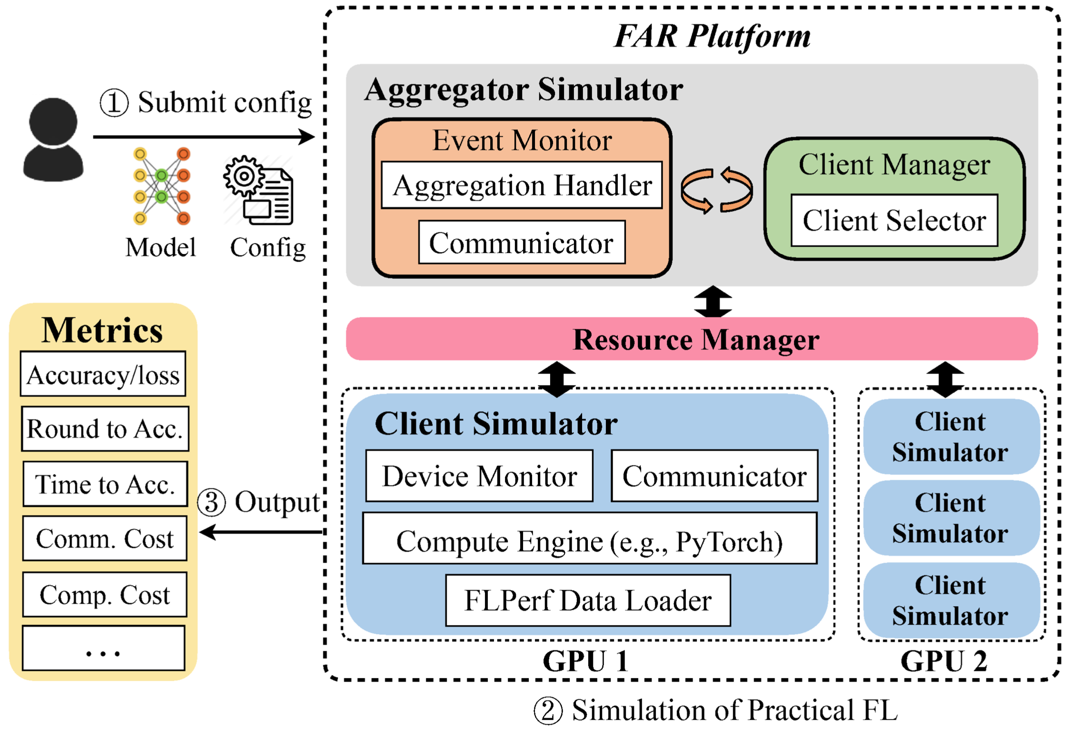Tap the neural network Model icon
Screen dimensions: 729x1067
[161, 186]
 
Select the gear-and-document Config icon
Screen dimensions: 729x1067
[259, 191]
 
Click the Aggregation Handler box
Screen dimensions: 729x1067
[522, 185]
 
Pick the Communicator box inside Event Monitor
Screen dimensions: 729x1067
[522, 243]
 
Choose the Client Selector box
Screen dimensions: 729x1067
[894, 221]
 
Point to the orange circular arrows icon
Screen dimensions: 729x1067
[716, 190]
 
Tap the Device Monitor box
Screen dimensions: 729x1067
[479, 476]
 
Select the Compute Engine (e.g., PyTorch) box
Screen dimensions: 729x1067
[590, 539]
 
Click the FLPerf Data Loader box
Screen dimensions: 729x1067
[588, 600]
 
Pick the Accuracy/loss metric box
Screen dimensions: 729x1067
[103, 375]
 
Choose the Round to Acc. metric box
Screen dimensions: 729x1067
[105, 429]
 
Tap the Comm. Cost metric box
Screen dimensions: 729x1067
[105, 539]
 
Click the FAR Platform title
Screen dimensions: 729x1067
[712, 36]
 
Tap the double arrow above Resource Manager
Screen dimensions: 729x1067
[713, 302]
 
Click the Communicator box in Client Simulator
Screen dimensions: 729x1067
[715, 476]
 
